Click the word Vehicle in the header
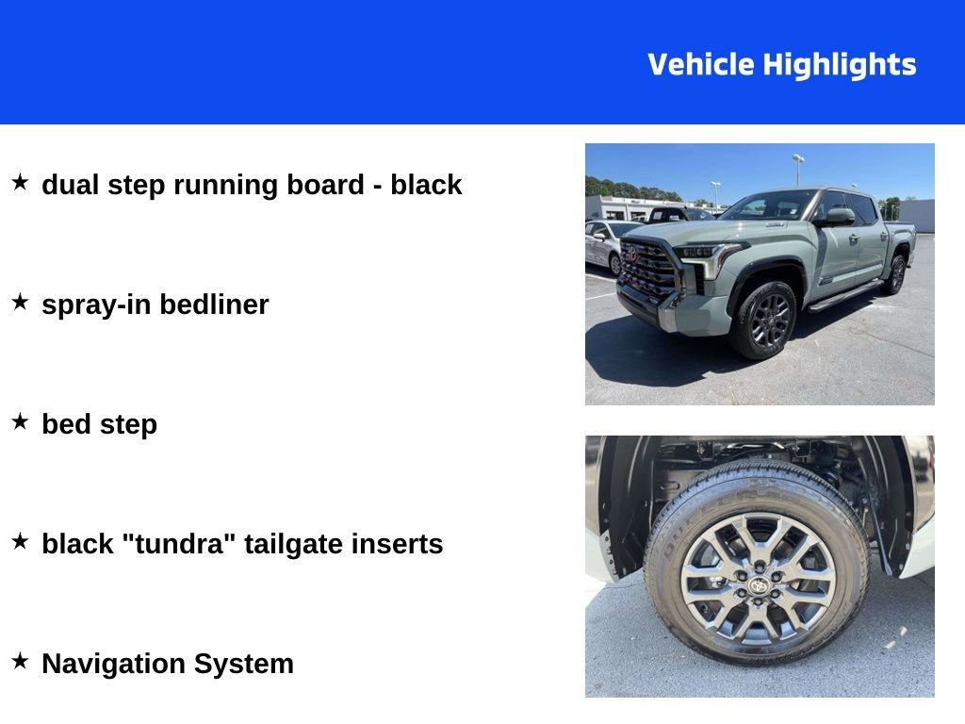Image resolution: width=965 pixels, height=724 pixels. point(701,64)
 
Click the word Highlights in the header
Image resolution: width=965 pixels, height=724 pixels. point(840,65)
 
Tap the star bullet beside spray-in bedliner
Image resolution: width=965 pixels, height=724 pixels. point(21,302)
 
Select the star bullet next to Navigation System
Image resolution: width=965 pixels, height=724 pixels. point(21,661)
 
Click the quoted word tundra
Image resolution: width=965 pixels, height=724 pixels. point(179,544)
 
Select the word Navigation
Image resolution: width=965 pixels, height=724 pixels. point(114,665)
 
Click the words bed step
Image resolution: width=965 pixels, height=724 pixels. point(100,425)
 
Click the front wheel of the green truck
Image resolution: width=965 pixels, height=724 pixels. point(764,321)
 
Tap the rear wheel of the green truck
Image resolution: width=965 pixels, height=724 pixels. point(895,274)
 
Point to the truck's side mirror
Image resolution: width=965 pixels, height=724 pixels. point(838,217)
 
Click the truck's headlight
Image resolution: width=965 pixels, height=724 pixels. point(707,256)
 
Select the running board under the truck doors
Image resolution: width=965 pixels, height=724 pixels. point(846,295)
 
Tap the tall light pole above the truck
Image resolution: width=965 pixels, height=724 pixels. point(798,170)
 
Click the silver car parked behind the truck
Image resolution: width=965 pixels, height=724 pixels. point(606,243)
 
